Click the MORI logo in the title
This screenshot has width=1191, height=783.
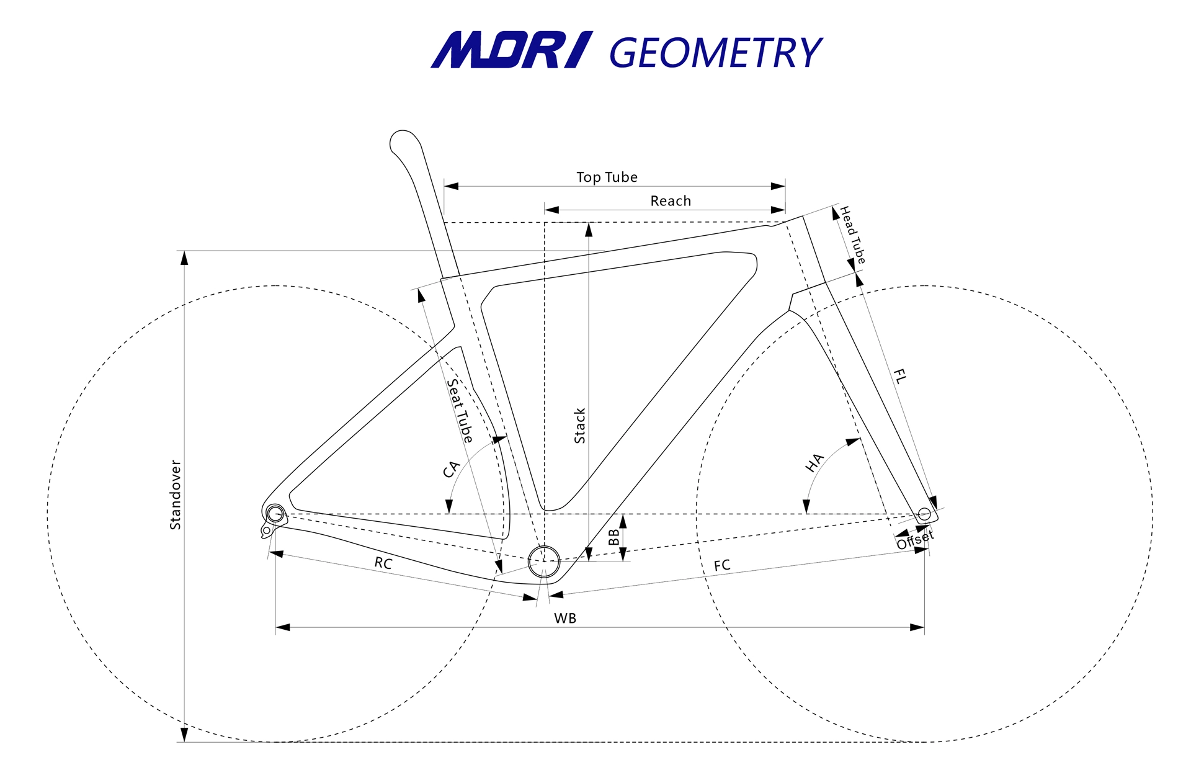pos(512,50)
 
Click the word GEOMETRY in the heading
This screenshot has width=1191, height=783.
pos(716,53)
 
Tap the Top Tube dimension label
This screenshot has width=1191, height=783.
pos(607,177)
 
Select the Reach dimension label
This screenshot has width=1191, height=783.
pos(671,201)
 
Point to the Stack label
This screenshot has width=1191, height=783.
pos(580,426)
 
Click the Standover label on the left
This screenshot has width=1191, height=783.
pos(176,494)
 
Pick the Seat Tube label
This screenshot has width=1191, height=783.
pos(460,411)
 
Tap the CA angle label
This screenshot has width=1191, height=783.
pos(451,469)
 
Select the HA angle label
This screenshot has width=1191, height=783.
pos(814,462)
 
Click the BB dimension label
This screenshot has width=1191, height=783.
pos(614,537)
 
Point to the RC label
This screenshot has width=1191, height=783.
pos(383,563)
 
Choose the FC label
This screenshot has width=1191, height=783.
pos(722,565)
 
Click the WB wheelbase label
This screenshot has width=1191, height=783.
pos(565,619)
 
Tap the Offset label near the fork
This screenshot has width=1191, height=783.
pos(915,540)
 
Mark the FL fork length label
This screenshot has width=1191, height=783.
pos(900,376)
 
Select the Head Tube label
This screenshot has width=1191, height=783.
pos(852,235)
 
